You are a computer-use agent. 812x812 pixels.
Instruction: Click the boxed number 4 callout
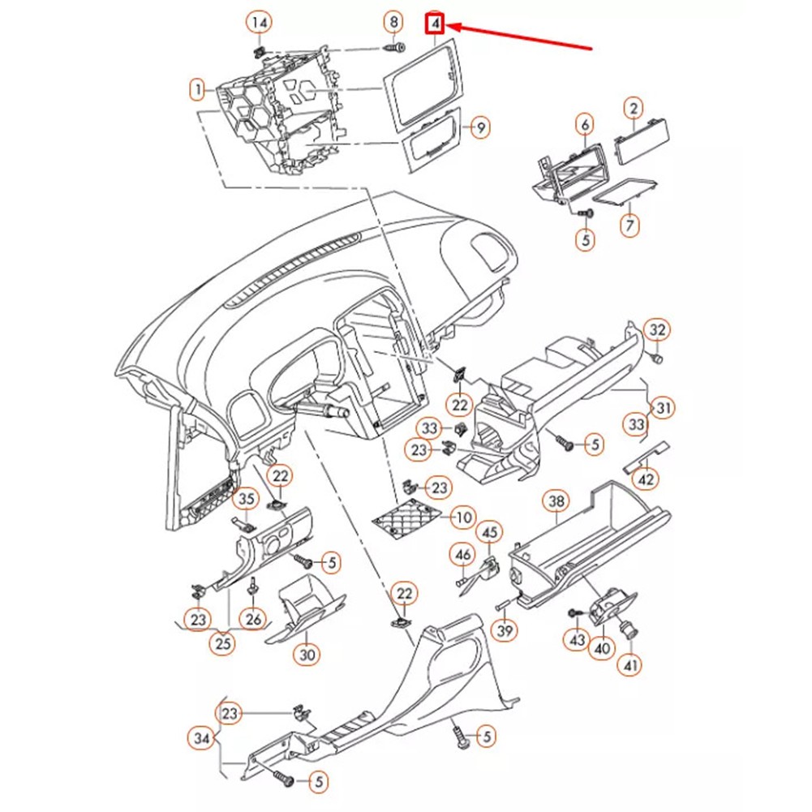click(436, 24)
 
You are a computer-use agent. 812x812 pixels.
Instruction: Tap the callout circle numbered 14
click(260, 23)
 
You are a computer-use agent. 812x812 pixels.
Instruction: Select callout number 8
click(393, 22)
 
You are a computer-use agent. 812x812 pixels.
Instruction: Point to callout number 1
click(198, 88)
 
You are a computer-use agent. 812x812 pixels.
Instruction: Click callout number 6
click(584, 124)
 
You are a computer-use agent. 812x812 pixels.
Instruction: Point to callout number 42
click(646, 479)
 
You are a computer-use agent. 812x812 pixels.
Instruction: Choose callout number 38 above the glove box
click(556, 502)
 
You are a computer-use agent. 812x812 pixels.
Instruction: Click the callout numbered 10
click(462, 517)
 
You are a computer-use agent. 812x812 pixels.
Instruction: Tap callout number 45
click(489, 533)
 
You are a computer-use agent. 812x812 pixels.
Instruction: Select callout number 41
click(630, 665)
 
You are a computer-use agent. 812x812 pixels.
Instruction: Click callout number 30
click(306, 654)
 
